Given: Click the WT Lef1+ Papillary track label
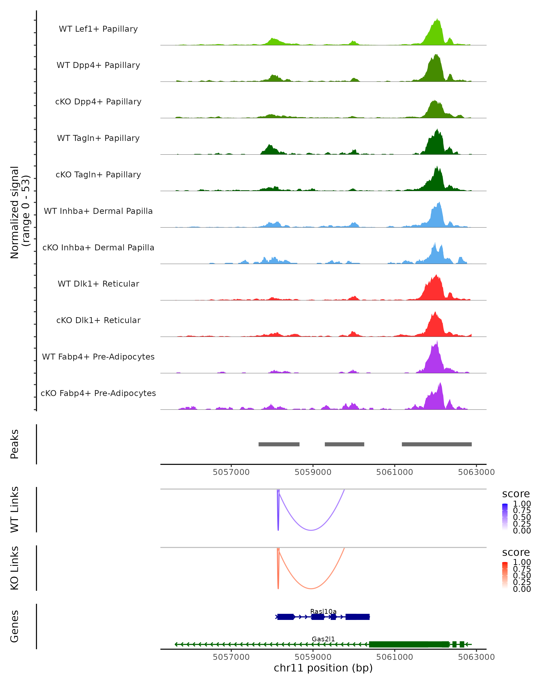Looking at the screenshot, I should (98, 29).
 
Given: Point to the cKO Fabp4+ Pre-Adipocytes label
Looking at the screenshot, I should (98, 393).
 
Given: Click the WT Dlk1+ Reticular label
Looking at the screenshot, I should (98, 284).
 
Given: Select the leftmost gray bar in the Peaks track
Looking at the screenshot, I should (279, 444).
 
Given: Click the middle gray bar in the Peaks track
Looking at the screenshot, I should (344, 444).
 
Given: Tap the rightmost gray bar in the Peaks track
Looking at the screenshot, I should (437, 444).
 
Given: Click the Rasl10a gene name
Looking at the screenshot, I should (323, 611).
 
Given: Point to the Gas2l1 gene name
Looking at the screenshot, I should (323, 639).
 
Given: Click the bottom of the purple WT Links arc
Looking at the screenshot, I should (311, 530).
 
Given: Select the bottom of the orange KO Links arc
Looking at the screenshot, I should (311, 588).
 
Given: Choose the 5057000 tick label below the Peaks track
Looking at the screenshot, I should (231, 472).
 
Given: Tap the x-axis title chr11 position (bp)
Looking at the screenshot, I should (323, 668).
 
